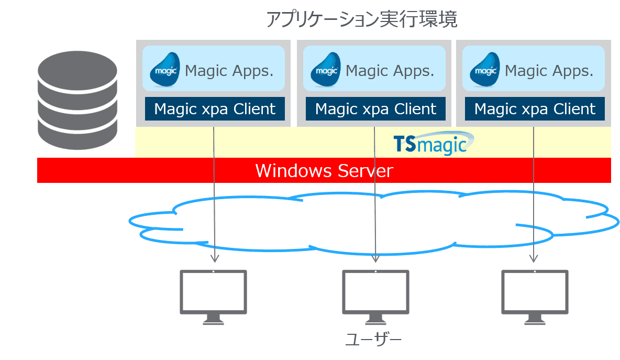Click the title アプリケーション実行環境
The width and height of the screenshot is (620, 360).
(361, 20)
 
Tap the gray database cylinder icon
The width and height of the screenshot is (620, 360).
(77, 101)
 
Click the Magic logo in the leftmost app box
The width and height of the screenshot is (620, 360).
(165, 69)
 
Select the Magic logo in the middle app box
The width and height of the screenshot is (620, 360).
(326, 69)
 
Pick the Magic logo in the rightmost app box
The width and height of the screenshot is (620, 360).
(485, 69)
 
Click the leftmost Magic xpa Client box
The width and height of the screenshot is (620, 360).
(215, 109)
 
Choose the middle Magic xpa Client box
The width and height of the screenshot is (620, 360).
(375, 109)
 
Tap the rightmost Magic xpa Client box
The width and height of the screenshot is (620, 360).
(535, 109)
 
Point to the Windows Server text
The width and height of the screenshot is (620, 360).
(324, 171)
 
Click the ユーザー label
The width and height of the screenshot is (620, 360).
(373, 339)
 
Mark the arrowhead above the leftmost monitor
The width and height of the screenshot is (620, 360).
(214, 258)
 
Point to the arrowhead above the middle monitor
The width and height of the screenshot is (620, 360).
(375, 258)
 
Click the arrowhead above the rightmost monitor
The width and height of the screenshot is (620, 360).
(534, 258)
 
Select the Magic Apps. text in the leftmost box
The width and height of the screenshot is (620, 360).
(229, 70)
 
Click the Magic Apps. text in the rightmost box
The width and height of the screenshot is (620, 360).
(549, 70)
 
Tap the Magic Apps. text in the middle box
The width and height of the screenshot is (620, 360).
(390, 70)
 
